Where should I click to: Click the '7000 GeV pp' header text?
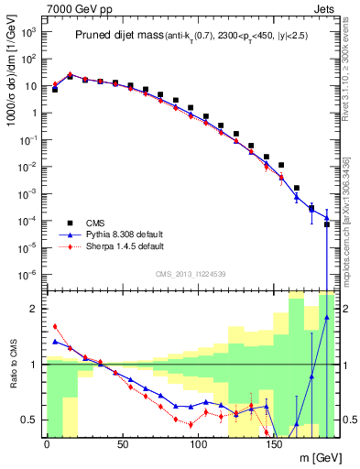coord(73,7)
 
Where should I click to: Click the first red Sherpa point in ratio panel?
coord(55,326)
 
